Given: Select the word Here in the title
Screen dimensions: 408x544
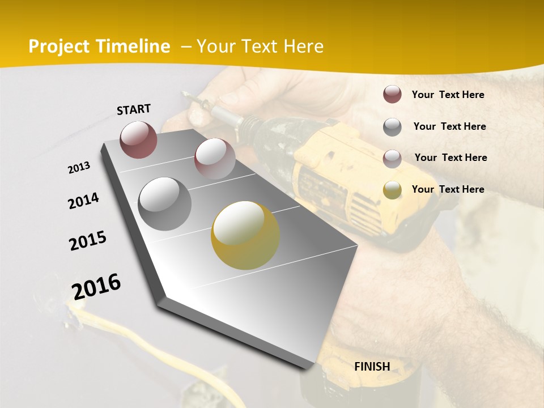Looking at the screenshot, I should (303, 46).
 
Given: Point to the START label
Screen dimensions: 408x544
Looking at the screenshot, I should (134, 109).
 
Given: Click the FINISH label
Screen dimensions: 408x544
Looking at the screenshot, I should (372, 366).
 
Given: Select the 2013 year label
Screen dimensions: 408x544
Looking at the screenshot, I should (79, 168).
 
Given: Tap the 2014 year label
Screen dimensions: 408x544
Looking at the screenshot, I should (83, 201).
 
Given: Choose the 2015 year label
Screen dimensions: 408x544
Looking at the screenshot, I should (88, 241).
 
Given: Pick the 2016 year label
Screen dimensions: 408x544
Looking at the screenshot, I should (96, 286).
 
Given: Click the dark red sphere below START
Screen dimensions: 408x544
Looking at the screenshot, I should (138, 139).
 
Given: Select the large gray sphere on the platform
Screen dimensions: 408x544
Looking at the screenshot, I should (165, 203).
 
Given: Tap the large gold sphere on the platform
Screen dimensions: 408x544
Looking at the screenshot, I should (245, 235).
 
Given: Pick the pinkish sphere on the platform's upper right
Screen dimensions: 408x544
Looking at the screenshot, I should (215, 158).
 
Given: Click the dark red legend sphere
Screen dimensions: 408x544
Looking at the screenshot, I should (392, 94).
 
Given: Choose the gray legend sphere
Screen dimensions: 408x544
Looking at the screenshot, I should (392, 127).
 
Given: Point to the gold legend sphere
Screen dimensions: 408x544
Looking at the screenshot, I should (392, 190).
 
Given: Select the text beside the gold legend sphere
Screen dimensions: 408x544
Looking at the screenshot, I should (448, 189).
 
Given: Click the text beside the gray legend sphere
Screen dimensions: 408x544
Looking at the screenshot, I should (449, 126).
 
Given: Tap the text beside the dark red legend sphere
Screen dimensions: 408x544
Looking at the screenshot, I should (448, 95).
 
